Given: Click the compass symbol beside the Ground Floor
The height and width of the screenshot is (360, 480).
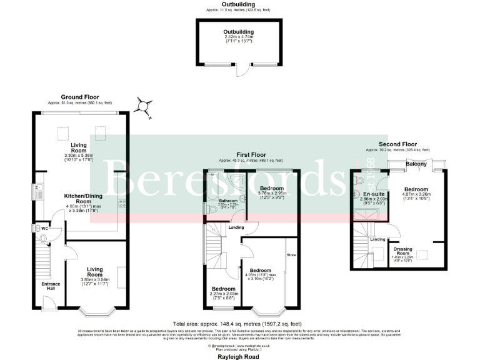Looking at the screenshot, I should click(145, 107).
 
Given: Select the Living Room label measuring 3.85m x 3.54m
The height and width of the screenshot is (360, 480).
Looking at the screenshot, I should click(94, 272).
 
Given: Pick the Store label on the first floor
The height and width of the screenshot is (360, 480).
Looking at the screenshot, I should click(291, 255).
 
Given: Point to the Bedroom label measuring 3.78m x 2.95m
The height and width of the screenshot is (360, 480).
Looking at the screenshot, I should click(272, 188).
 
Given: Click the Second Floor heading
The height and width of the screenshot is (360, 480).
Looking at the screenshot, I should click(398, 144).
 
